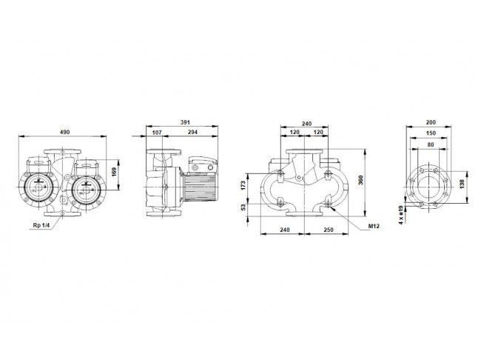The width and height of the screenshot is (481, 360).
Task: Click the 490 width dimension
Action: (64, 132)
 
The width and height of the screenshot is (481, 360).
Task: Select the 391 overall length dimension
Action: (185, 122)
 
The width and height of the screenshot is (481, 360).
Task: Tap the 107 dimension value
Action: (157, 133)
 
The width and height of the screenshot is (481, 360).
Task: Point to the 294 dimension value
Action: (192, 133)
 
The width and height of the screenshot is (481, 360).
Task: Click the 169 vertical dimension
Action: (114, 172)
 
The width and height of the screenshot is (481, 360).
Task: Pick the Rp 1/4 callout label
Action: (41, 225)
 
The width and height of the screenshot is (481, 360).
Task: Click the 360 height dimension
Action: (361, 180)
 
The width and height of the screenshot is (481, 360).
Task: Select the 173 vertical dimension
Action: (243, 185)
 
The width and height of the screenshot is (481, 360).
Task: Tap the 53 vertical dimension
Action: (243, 207)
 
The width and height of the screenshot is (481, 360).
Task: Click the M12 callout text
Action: (374, 227)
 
